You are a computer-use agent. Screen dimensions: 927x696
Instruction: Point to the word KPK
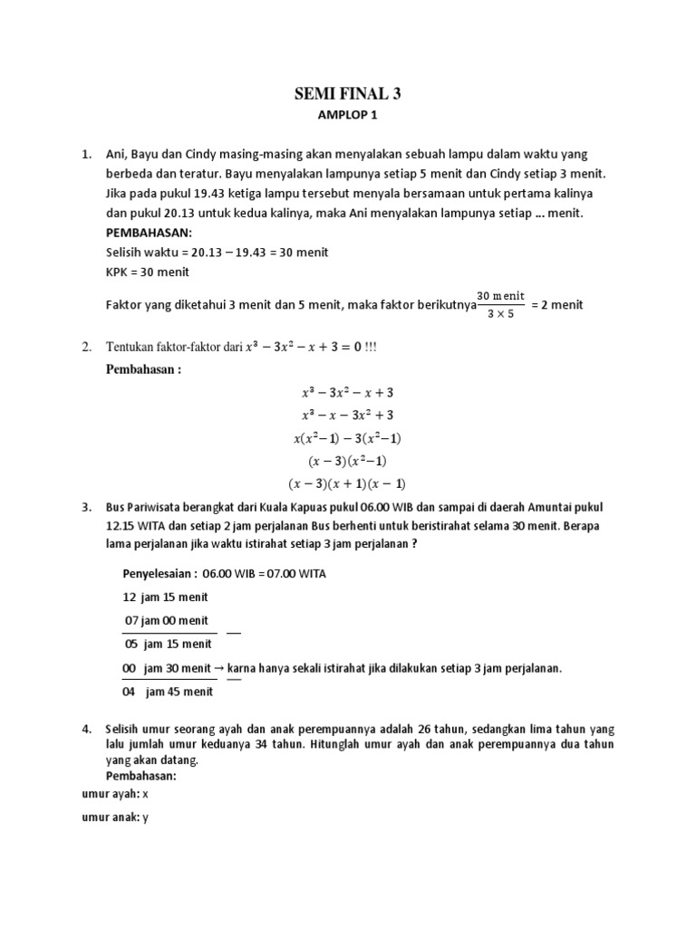pyautogui.click(x=118, y=272)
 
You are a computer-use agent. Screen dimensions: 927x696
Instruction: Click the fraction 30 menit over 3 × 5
pyautogui.click(x=501, y=304)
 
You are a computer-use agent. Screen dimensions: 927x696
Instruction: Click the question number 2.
pyautogui.click(x=86, y=347)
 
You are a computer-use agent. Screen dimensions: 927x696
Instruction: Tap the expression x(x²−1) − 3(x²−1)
pyautogui.click(x=348, y=437)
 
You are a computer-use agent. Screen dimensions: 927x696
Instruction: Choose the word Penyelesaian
pyautogui.click(x=156, y=574)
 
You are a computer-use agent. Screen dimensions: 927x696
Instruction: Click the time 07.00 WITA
pyautogui.click(x=297, y=574)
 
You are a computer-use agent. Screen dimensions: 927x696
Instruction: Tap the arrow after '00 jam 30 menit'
pyautogui.click(x=219, y=668)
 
